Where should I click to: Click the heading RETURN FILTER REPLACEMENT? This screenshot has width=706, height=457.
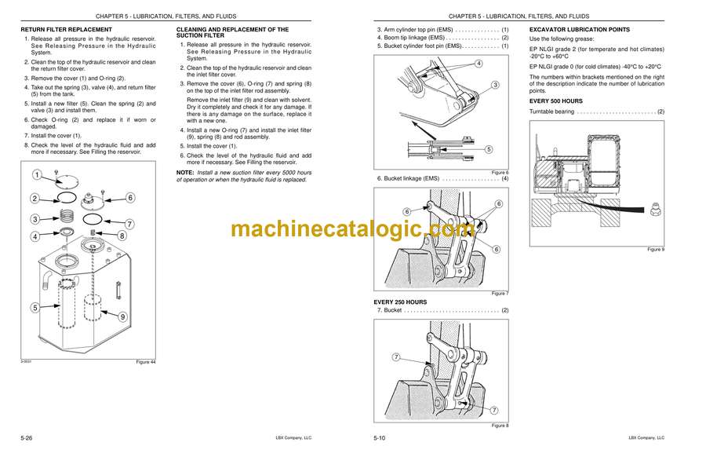pos(66,29)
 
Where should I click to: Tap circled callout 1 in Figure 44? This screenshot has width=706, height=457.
pos(38,175)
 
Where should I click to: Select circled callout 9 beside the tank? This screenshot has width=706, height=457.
pos(122,316)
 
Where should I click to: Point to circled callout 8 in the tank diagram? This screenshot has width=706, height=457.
pos(122,236)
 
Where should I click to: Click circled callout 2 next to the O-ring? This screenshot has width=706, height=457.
pos(35,199)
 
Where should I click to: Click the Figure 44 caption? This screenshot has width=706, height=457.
pos(145,361)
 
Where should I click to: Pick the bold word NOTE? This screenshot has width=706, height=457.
pos(185,173)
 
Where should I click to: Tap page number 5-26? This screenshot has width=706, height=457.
pos(27,437)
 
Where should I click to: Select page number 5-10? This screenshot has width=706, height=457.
pos(380,437)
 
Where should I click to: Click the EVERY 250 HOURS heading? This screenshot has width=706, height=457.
pos(400,302)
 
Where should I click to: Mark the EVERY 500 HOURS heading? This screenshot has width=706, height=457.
pos(555,101)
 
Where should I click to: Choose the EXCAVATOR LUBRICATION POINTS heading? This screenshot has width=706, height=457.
pos(580,29)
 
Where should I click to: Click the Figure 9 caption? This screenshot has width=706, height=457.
pos(656,249)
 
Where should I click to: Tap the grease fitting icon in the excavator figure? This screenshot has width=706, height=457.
pos(656,210)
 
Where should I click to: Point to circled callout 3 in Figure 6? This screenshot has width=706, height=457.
pos(495,85)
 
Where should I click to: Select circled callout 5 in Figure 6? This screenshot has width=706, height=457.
pos(489,149)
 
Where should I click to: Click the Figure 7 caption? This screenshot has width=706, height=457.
pos(500,294)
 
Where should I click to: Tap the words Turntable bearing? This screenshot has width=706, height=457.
pos(551,112)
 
